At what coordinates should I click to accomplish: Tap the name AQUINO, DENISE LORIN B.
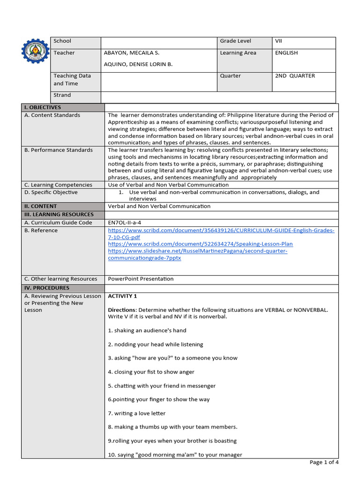138,64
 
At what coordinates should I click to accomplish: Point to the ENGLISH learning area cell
286,53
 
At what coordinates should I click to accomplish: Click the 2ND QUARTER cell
295,76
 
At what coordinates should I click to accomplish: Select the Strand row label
62,95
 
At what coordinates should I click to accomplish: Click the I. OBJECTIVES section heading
43,107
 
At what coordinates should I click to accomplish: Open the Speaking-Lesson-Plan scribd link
200,244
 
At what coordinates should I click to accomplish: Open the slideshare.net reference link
197,251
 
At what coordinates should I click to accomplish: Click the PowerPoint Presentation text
141,279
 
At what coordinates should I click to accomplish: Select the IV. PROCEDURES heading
46,288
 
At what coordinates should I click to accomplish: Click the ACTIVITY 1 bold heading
122,296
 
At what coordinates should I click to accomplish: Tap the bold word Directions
121,310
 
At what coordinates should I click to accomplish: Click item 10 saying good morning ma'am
175,455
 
